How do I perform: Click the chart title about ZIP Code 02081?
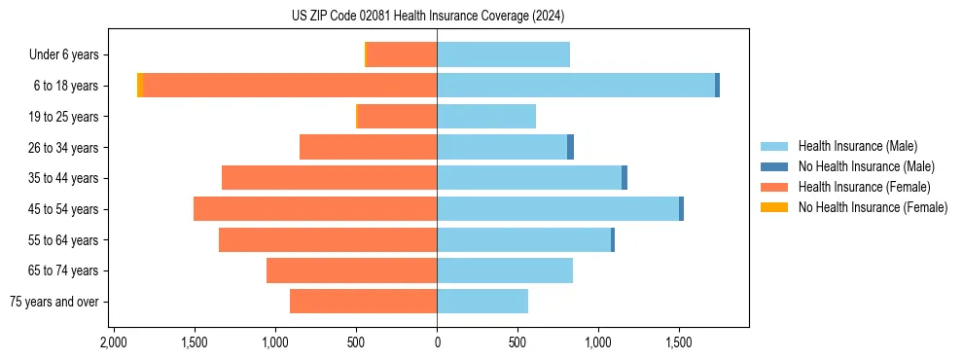(x=427, y=16)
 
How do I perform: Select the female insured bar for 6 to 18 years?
(x=290, y=86)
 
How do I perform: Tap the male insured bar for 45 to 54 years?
(x=557, y=209)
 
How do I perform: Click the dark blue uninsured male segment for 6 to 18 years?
(x=717, y=86)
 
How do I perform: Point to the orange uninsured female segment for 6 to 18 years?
(x=140, y=86)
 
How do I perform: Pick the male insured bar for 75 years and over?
(x=482, y=302)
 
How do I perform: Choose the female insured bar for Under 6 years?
(x=402, y=54)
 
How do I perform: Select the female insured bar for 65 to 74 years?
(x=351, y=270)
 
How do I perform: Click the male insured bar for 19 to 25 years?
(x=486, y=117)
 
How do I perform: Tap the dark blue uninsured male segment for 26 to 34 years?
(x=570, y=147)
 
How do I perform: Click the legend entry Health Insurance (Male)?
(x=857, y=146)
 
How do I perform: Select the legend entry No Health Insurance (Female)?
(x=873, y=207)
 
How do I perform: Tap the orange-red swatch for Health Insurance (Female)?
(x=775, y=187)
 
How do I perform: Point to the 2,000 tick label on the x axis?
(x=114, y=342)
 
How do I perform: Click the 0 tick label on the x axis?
(x=437, y=342)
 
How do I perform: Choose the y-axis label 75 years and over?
(x=54, y=302)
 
